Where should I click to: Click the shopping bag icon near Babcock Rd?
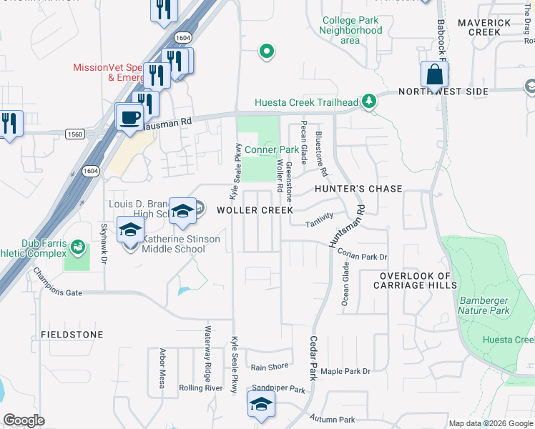click(434, 74)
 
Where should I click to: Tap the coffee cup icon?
click(129, 116)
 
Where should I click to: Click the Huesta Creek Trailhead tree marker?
click(369, 102)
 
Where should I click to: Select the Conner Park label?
click(272, 149)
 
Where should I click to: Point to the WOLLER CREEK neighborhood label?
click(255, 210)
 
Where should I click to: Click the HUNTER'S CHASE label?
click(358, 189)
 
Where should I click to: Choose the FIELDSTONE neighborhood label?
click(72, 335)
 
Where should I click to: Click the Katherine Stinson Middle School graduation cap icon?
click(130, 230)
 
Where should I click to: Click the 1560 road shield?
click(73, 134)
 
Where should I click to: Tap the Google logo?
click(24, 420)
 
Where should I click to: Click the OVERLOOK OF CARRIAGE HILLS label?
click(415, 280)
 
